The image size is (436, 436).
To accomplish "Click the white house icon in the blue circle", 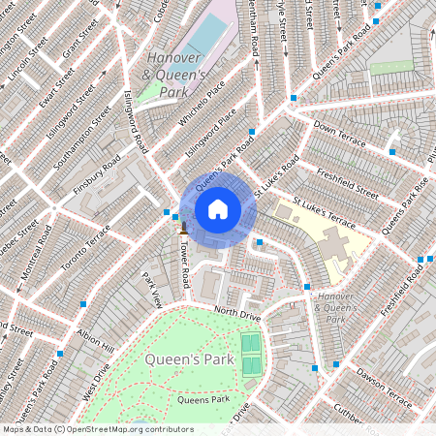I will tap(218, 209).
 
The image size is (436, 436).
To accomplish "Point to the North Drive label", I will tap(238, 314).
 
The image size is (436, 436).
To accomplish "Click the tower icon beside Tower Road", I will tap(180, 232).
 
